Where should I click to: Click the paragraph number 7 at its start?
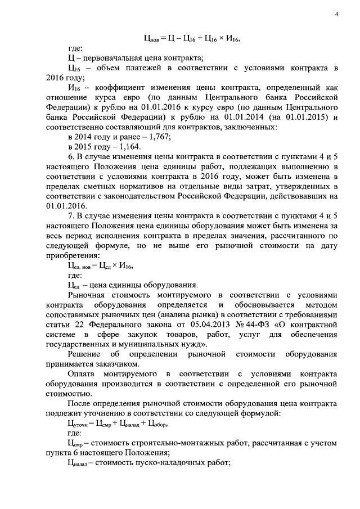pyautogui.click(x=69, y=215)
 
